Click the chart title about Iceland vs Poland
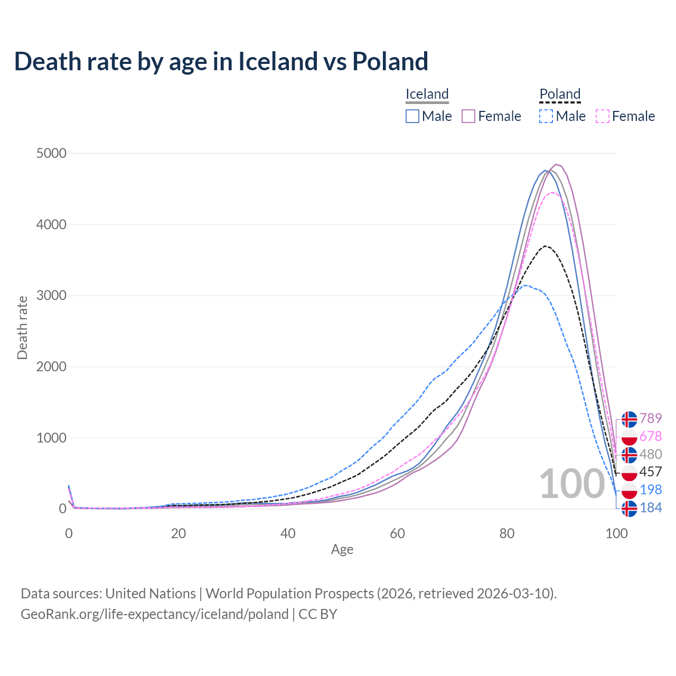(x=221, y=61)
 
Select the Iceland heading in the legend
(x=427, y=94)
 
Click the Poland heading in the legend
(x=560, y=94)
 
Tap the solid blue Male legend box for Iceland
(x=412, y=116)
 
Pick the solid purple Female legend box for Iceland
(x=468, y=116)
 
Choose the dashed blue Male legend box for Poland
(x=546, y=116)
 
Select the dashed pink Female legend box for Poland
(x=603, y=116)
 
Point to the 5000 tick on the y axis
(x=51, y=154)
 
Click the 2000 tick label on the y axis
(x=51, y=367)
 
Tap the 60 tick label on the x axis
(x=397, y=533)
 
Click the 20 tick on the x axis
(x=179, y=533)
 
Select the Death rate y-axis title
(x=22, y=327)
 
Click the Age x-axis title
(x=342, y=550)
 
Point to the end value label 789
(x=651, y=419)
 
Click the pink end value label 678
(x=651, y=437)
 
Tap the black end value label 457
(x=651, y=472)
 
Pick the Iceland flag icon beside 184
(x=629, y=508)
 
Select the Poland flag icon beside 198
(x=629, y=490)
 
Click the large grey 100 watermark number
(x=571, y=484)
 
